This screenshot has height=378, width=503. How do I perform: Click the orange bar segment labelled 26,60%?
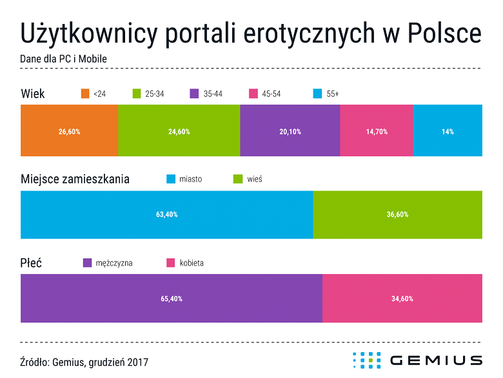(x=69, y=131)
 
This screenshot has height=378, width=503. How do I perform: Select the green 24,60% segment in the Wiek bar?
(x=179, y=131)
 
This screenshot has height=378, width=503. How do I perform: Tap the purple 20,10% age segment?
(x=290, y=131)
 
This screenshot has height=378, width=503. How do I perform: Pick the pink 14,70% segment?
(x=376, y=131)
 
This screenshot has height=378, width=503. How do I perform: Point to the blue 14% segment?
(x=448, y=131)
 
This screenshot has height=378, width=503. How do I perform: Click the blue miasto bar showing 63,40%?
(x=166, y=215)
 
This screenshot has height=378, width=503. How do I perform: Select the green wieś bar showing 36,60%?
(x=397, y=215)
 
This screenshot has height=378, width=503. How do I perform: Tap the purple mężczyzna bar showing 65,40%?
(x=171, y=299)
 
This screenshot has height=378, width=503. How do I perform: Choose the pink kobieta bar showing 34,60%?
(x=402, y=299)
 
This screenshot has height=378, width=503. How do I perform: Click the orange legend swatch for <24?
(x=84, y=94)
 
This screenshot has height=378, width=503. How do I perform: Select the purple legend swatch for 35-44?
(x=195, y=94)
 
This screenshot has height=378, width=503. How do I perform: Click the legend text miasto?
(x=190, y=179)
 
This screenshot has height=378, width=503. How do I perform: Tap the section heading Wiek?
(x=33, y=94)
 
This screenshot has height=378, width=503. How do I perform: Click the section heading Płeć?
(x=32, y=263)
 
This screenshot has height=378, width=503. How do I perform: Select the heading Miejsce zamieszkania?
(x=75, y=179)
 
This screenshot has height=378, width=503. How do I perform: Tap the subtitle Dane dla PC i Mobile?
(x=63, y=59)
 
